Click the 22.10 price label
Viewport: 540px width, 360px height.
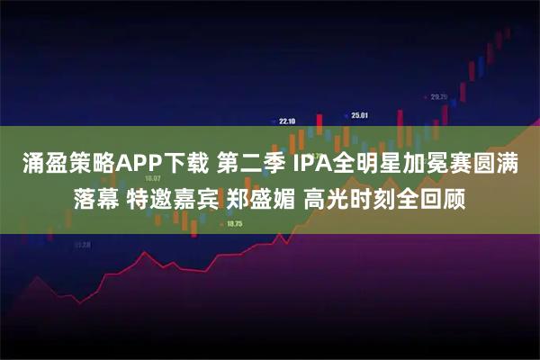pos(287,120)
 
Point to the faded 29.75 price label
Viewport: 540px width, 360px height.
pos(438,96)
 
